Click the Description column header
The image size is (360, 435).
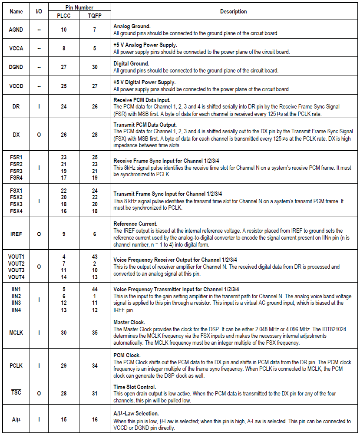(x=233, y=12)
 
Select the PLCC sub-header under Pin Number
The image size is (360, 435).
(x=63, y=16)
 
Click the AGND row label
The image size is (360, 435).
(x=16, y=30)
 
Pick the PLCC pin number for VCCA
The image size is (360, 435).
(x=64, y=48)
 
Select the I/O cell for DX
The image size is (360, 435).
(x=39, y=135)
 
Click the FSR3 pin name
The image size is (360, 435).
(x=16, y=171)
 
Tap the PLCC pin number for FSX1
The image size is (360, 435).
(x=64, y=191)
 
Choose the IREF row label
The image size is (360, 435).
(x=16, y=234)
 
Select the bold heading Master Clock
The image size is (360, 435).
(x=129, y=323)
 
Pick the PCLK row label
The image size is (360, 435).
(x=16, y=366)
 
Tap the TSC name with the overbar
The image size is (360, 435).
(x=16, y=393)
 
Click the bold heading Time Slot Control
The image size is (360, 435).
(x=135, y=387)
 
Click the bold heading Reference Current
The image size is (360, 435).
(x=135, y=224)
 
